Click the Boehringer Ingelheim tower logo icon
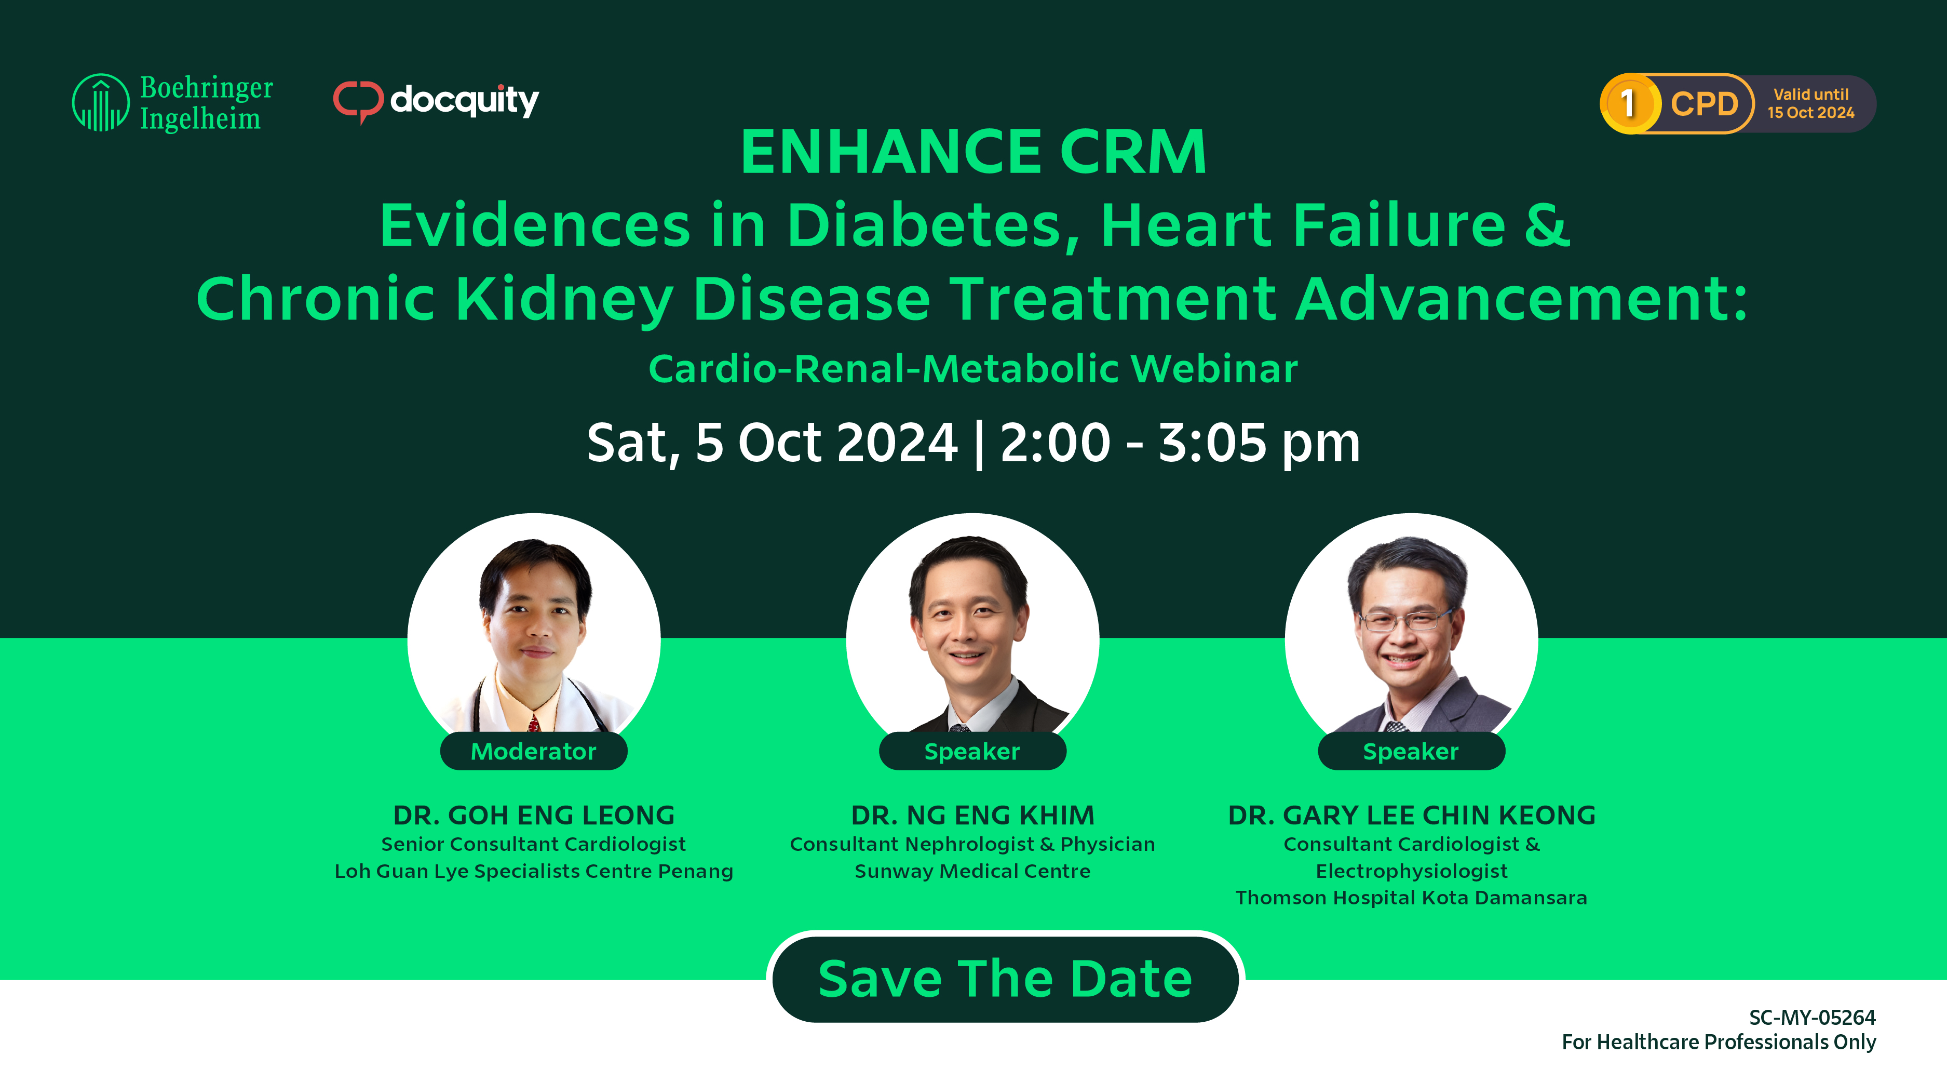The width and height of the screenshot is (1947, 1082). (x=101, y=102)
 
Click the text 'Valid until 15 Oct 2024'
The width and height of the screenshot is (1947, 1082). (x=1810, y=103)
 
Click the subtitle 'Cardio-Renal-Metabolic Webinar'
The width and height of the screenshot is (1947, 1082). (x=973, y=369)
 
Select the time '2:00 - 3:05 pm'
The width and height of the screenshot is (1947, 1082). (x=1180, y=443)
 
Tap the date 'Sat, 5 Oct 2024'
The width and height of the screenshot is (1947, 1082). (x=772, y=443)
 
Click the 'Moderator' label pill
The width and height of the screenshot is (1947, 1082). (x=534, y=751)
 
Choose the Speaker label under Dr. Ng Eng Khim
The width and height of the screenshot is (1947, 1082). (x=973, y=751)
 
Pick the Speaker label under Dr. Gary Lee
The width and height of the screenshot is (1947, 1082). (x=1411, y=751)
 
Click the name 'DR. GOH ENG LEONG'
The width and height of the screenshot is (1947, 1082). (x=534, y=815)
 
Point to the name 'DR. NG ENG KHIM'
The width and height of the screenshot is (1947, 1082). (x=973, y=815)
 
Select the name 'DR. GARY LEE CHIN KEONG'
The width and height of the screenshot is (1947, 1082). (x=1412, y=815)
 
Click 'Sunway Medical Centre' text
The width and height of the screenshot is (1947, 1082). (x=973, y=871)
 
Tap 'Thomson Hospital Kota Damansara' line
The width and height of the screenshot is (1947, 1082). (x=1411, y=898)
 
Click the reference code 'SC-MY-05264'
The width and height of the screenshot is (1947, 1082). (x=1813, y=1017)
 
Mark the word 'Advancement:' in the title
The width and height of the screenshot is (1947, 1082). (x=1521, y=299)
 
